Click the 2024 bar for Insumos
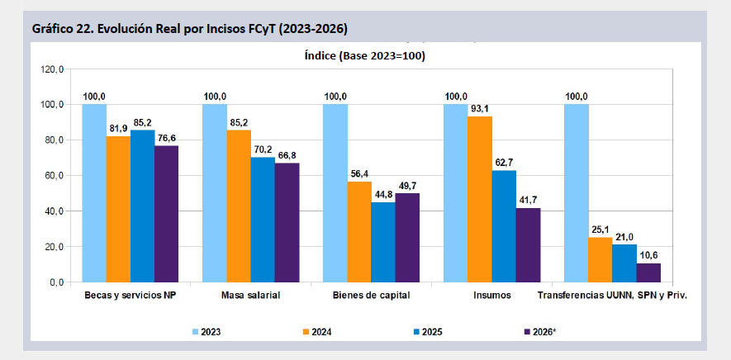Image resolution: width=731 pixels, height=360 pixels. tap(480, 199)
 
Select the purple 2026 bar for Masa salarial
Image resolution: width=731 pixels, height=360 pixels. tap(287, 222)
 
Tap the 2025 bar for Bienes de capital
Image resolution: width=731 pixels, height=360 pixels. tap(383, 242)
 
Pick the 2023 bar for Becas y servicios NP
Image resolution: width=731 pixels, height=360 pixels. tap(94, 193)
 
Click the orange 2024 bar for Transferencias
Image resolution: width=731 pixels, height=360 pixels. tap(600, 260)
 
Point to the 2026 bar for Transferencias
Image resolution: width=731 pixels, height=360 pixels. tap(648, 272)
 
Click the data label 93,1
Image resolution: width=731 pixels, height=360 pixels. tap(480, 109)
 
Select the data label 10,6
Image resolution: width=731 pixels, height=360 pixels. tap(649, 256)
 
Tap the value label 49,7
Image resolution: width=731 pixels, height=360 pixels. tap(407, 186)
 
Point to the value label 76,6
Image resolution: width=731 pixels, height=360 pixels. tap(166, 138)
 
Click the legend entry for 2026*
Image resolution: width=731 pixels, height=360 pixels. tap(540, 332)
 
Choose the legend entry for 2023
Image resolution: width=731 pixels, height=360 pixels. tap(206, 332)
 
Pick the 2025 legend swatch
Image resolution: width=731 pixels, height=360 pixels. tap(417, 332)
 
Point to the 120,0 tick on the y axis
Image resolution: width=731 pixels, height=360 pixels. tap(54, 69)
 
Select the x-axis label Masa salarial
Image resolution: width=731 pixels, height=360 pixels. tap(250, 295)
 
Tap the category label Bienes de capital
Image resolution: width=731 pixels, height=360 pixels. tap(371, 295)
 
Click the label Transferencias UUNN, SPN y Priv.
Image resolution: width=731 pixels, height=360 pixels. tap(612, 295)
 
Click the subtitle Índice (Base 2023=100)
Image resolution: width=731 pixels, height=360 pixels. tap(365, 56)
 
